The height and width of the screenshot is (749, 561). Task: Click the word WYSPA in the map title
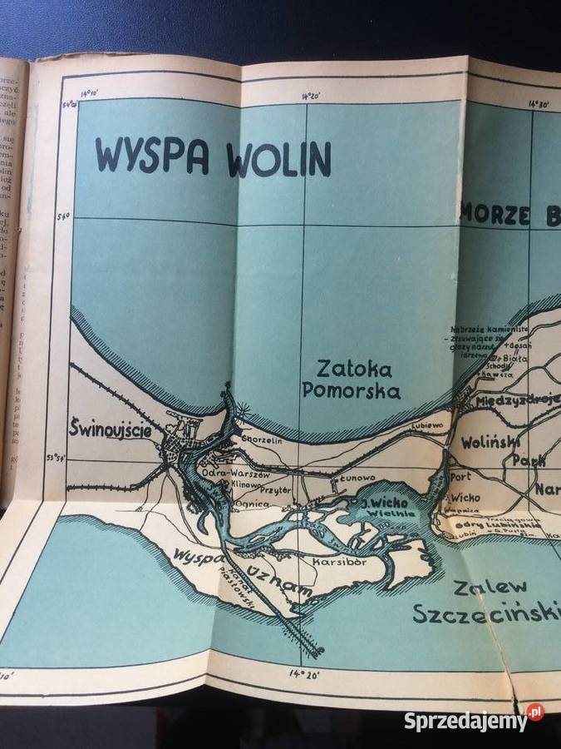tap(151, 156)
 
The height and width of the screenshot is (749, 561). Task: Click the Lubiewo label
tap(427, 424)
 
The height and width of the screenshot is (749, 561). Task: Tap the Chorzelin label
tap(262, 442)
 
